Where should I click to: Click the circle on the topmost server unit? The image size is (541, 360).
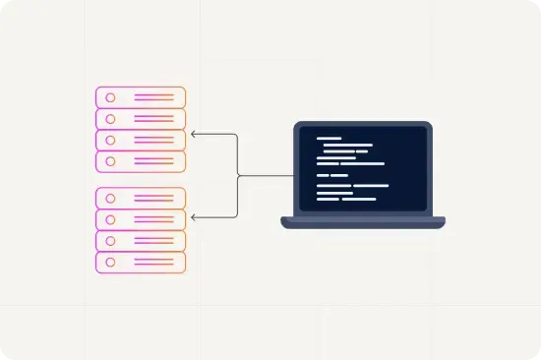110,97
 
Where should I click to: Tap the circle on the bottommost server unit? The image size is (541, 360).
110,263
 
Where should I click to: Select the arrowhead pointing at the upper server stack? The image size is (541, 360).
194,133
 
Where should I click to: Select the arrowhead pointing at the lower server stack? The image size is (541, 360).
194,216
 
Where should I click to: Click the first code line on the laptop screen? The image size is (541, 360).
329,139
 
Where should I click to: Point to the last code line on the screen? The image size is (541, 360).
359,200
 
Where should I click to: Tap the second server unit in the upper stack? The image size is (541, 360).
140,119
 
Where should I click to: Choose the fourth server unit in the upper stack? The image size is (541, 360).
140,161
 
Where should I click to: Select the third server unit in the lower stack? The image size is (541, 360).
140,241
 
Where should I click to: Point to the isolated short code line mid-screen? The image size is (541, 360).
340,175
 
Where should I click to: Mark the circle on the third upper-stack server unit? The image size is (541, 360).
110,140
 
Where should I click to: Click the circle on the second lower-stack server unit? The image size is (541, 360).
110,219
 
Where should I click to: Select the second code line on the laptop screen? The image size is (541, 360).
344,146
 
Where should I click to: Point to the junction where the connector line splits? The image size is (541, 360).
239,175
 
